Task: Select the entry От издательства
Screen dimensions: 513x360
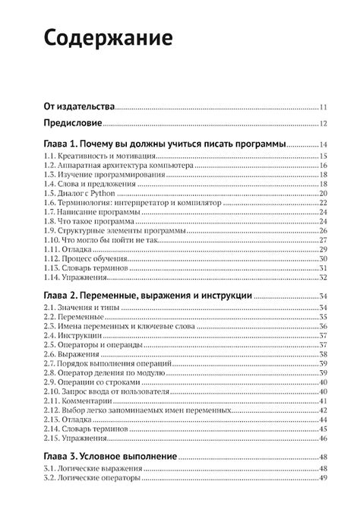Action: coord(78,107)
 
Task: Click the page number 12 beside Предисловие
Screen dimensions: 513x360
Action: coord(323,125)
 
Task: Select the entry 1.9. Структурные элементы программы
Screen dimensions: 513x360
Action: coord(109,230)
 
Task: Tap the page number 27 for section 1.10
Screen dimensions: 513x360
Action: coord(323,239)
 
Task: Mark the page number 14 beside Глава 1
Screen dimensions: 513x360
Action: coord(323,145)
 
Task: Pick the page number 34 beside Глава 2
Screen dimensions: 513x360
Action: coord(323,296)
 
